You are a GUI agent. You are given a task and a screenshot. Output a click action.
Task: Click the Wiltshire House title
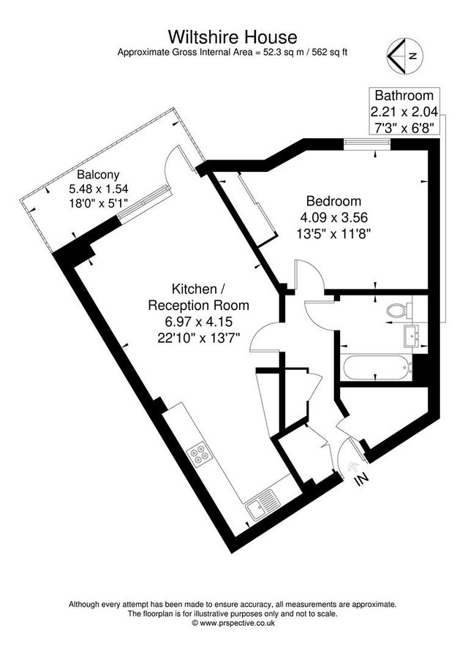[x=232, y=37]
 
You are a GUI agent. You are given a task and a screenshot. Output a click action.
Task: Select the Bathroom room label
[x=404, y=96]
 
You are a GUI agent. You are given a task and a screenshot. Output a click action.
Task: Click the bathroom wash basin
[x=411, y=337]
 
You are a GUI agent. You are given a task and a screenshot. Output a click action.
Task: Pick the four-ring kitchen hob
[x=199, y=455]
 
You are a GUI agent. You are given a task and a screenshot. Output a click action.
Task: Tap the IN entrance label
[x=360, y=480]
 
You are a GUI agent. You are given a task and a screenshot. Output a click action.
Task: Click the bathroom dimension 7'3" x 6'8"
[x=404, y=127]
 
